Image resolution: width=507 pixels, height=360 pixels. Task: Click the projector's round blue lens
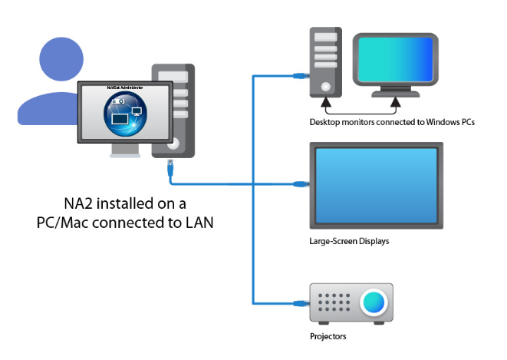(374, 302)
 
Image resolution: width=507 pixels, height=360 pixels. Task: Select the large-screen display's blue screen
(375, 184)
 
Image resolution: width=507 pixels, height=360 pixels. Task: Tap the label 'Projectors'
(328, 337)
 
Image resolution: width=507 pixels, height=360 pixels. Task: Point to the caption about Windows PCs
(387, 121)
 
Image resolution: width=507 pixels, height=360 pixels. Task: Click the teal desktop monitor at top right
(393, 60)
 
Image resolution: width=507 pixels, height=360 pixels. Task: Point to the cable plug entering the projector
(301, 302)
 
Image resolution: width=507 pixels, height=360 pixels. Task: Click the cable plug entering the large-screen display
(301, 184)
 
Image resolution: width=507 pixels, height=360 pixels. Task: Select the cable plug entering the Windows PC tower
(301, 74)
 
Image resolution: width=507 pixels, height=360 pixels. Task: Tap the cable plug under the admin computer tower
(169, 164)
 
